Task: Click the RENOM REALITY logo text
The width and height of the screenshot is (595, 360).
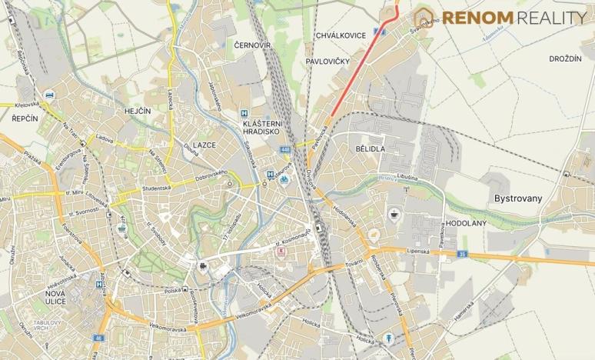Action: [x=510, y=18]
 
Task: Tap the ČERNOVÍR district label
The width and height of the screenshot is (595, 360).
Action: [x=252, y=46]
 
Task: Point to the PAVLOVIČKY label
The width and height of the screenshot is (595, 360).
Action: [x=327, y=60]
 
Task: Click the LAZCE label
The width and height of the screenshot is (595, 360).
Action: [x=204, y=145]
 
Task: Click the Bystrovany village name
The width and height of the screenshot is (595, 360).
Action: [x=517, y=198]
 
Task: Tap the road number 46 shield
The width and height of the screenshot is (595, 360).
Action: [x=98, y=338]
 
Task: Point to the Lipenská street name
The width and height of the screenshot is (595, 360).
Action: [x=417, y=251]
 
